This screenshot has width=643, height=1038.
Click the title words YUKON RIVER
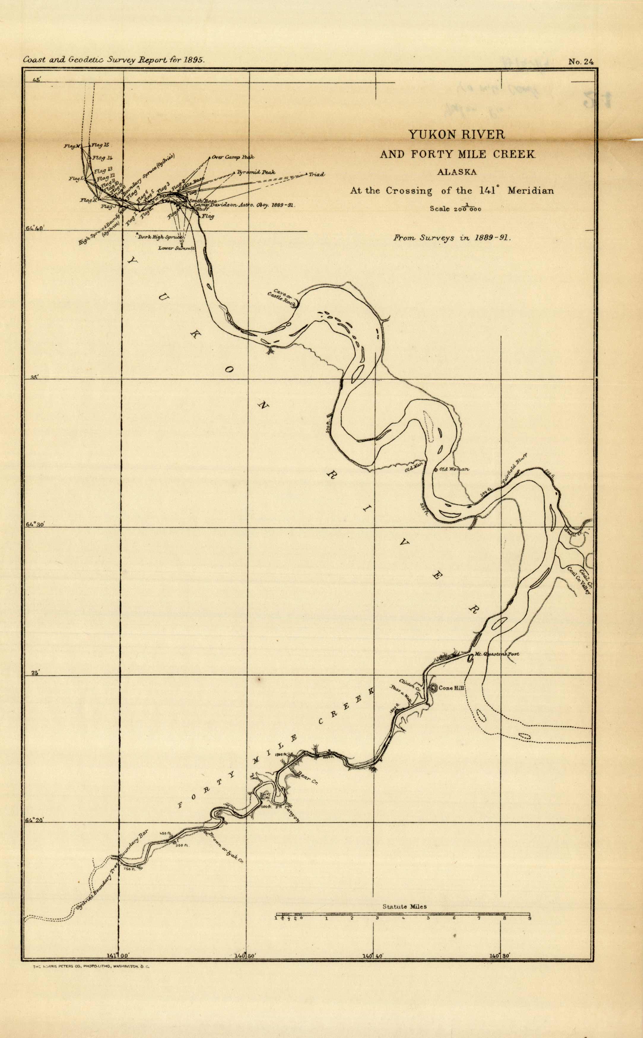457,135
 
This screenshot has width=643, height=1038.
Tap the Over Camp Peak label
233,157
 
